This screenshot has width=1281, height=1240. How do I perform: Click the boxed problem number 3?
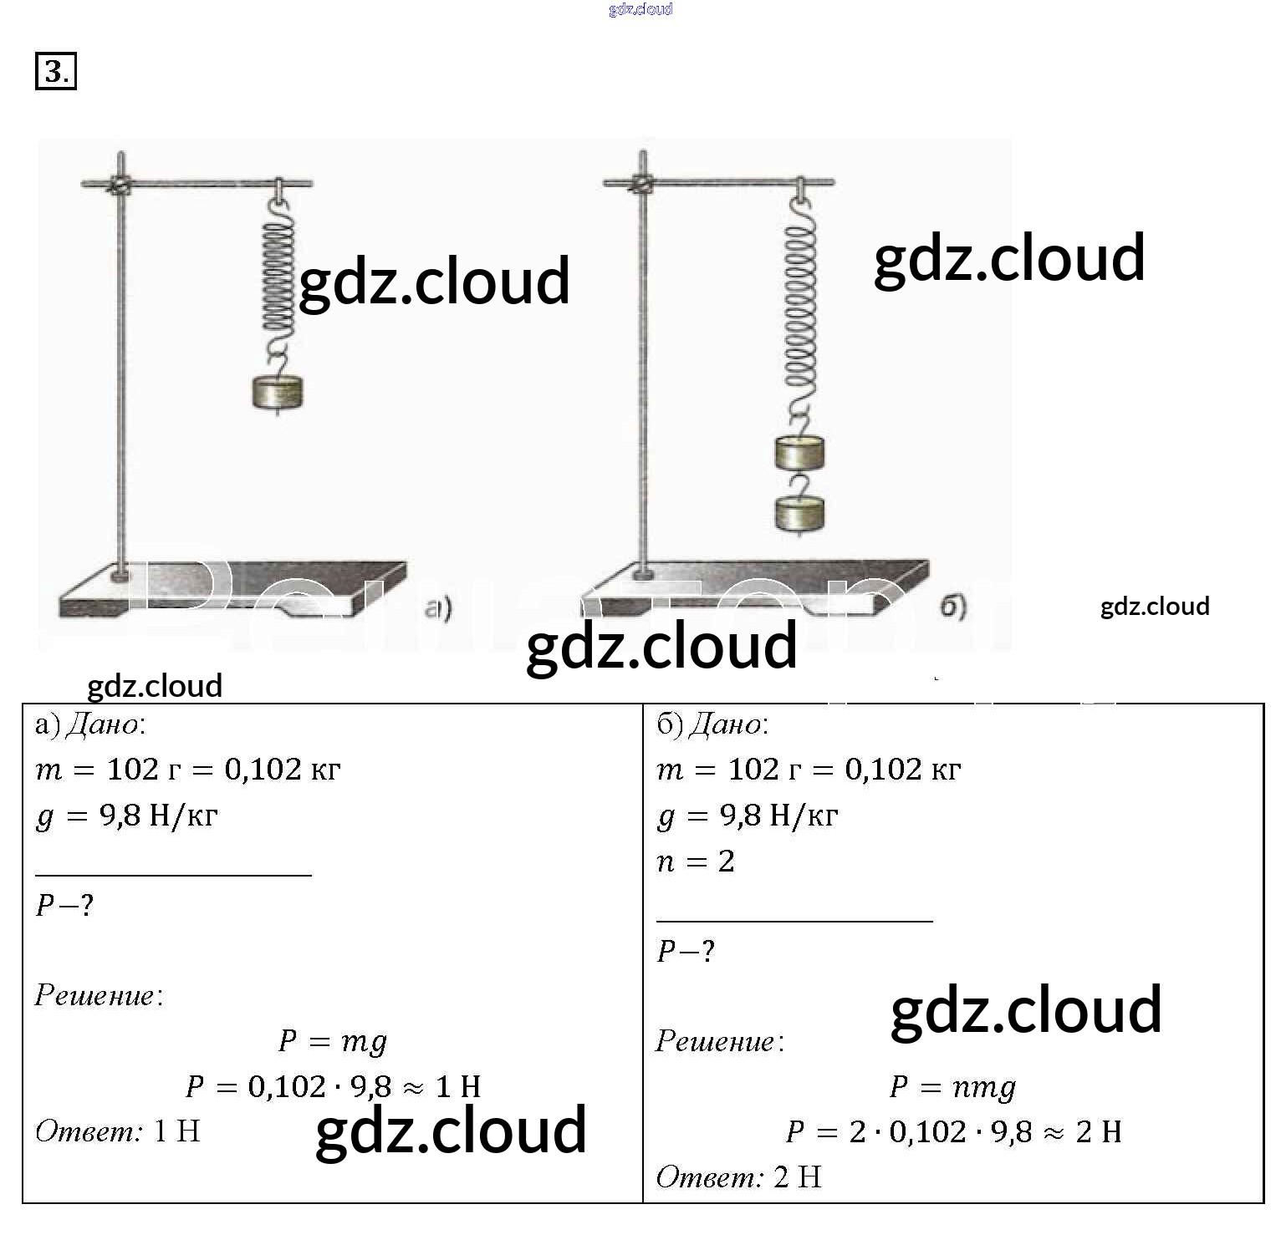pyautogui.click(x=55, y=71)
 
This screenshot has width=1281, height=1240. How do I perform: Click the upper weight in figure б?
pyautogui.click(x=799, y=453)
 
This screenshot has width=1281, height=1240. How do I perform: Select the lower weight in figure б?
pyautogui.click(x=799, y=513)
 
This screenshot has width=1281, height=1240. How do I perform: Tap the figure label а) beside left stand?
pyautogui.click(x=438, y=608)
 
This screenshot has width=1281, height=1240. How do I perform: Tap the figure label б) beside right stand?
pyautogui.click(x=953, y=606)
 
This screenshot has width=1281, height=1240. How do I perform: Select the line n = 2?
pyautogui.click(x=696, y=861)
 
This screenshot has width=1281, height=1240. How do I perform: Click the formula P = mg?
pyautogui.click(x=333, y=1041)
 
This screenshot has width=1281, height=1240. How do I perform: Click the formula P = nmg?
pyautogui.click(x=952, y=1087)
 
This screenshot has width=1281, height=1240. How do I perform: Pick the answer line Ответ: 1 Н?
pyautogui.click(x=118, y=1132)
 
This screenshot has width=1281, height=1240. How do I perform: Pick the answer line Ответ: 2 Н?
pyautogui.click(x=739, y=1177)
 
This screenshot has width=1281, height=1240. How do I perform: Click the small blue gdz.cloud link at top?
pyautogui.click(x=640, y=9)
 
